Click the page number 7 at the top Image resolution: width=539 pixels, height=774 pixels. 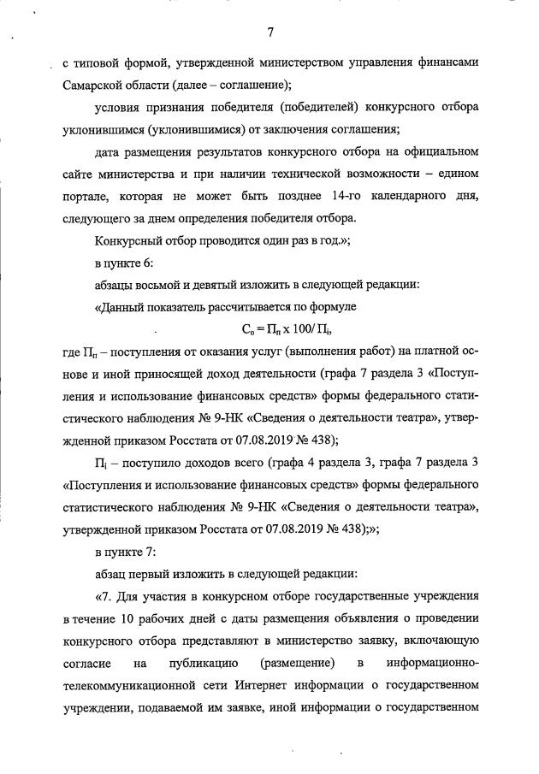[x=270, y=32]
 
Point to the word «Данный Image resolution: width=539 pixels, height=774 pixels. [x=120, y=305]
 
